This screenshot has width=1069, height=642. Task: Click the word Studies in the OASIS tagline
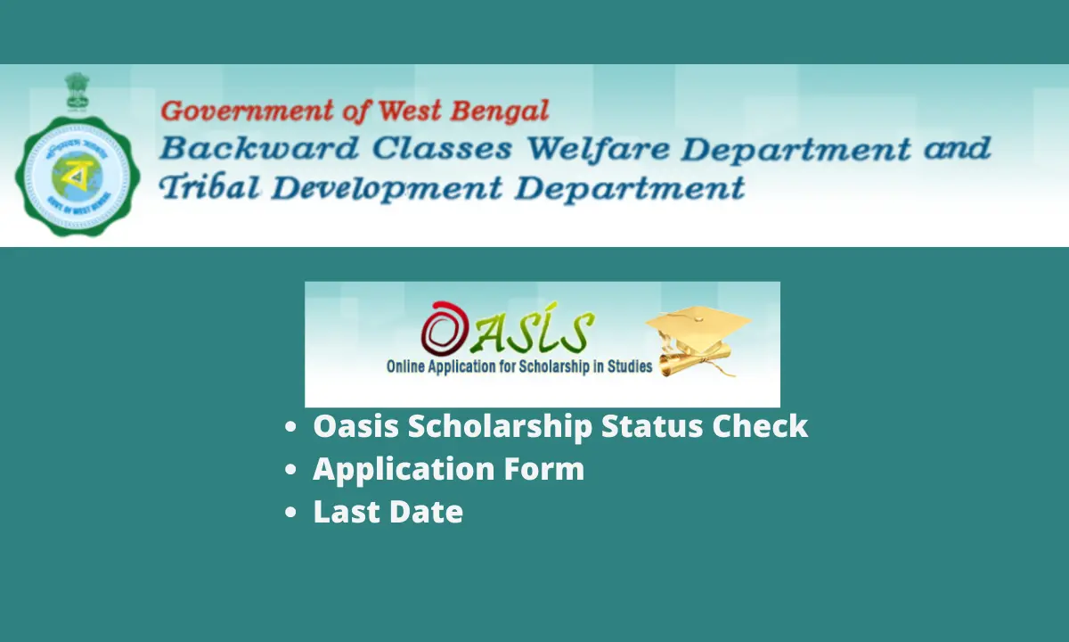629,366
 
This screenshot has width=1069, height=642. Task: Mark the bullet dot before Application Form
290,471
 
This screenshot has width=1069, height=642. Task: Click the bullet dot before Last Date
290,514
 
